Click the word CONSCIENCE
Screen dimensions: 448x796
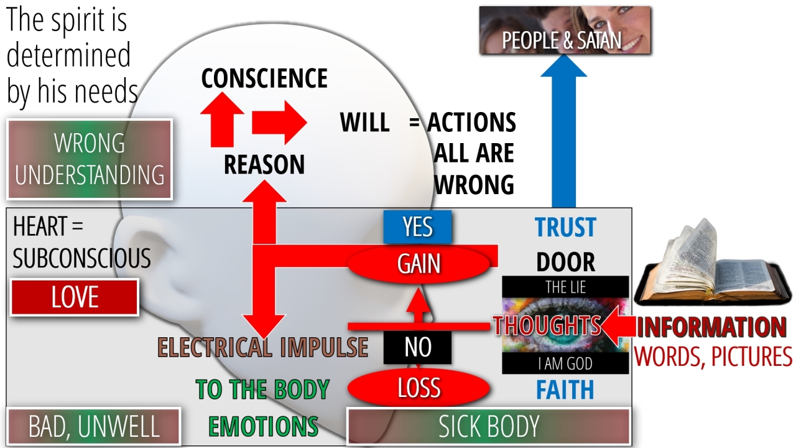pyautogui.click(x=264, y=79)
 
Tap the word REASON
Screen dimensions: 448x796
pyautogui.click(x=264, y=165)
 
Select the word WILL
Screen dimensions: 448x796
pyautogui.click(x=365, y=123)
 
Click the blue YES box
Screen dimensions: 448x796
pyautogui.click(x=417, y=227)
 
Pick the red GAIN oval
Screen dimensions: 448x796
pyautogui.click(x=419, y=264)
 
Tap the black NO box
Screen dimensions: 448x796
pyautogui.click(x=417, y=347)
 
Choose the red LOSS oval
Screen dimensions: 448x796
pyautogui.click(x=419, y=388)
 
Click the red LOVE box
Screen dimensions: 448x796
pyautogui.click(x=75, y=297)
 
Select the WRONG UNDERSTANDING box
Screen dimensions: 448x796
pyautogui.click(x=90, y=159)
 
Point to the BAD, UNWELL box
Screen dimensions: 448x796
pyautogui.click(x=93, y=426)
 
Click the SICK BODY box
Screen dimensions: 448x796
pyautogui.click(x=489, y=426)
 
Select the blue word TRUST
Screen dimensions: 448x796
pyautogui.click(x=565, y=228)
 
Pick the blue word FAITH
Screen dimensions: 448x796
pyautogui.click(x=565, y=390)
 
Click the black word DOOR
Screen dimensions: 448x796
pyautogui.click(x=565, y=263)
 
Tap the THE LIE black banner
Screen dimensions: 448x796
pyautogui.click(x=565, y=287)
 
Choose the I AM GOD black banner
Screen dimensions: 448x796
pyautogui.click(x=565, y=363)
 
